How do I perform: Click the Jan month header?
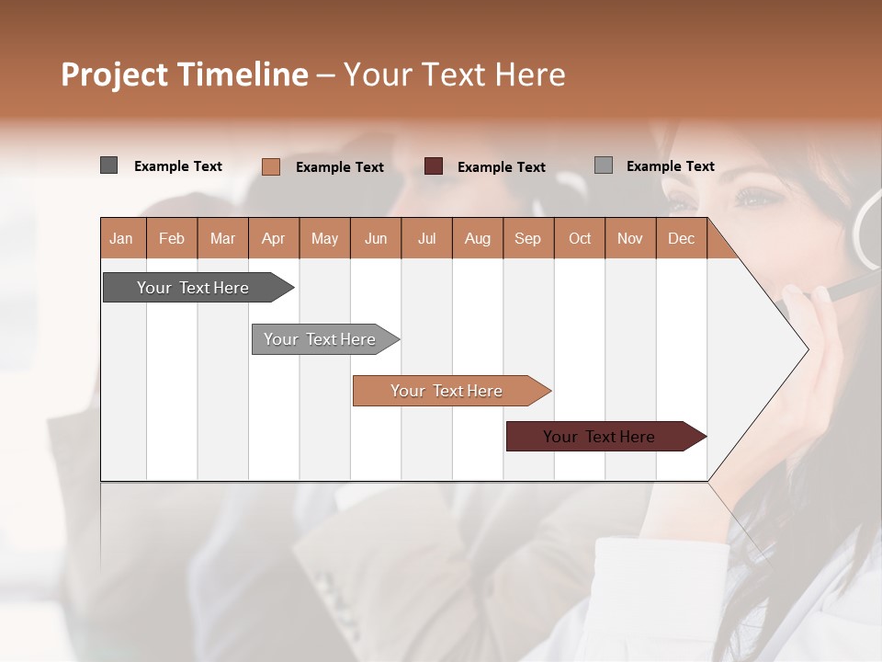coord(121,238)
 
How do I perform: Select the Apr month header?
coord(274,238)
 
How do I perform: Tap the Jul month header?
coord(426,238)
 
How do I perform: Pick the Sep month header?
coord(527,238)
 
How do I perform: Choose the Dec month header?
coord(681,238)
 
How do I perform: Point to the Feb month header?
coord(172,238)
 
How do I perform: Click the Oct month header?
coord(580,238)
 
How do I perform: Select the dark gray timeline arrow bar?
coord(194,288)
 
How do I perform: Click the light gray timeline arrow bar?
coord(321,339)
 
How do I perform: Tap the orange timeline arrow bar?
coord(447,391)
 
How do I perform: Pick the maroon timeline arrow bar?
coord(600,437)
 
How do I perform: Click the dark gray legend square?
coord(109,165)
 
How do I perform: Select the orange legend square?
coord(271,166)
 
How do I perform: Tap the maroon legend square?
coord(434,166)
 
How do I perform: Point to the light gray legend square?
coord(604,165)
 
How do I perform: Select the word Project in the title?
coord(114,74)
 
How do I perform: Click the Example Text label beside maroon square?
coord(501,167)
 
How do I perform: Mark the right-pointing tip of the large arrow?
coord(807,348)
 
